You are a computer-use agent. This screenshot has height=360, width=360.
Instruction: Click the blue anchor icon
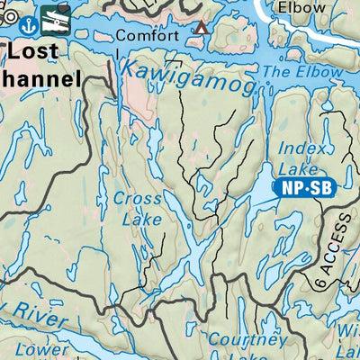point(27,22)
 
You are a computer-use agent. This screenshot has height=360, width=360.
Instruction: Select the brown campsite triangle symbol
point(202,28)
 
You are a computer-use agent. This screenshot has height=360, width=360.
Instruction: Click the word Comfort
point(142,37)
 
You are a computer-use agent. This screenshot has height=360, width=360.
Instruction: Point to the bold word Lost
point(39,51)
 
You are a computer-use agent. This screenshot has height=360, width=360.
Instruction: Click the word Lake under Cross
point(143,219)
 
